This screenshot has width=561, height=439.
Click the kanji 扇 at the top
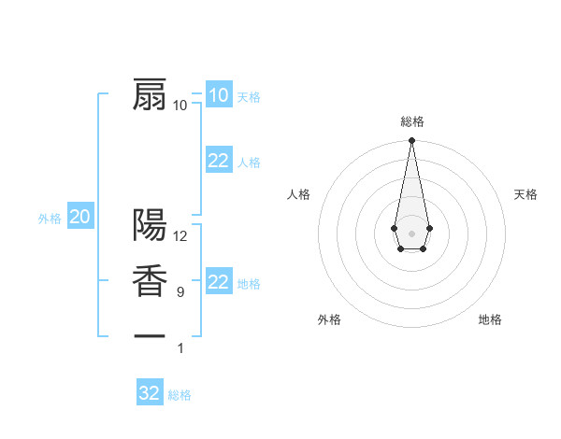point(150,94)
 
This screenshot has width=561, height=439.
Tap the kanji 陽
point(150,224)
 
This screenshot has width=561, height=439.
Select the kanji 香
point(150,281)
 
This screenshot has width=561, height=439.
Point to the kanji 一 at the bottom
point(150,334)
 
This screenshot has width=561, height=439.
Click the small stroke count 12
point(180,236)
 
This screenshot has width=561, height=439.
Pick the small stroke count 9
point(180,292)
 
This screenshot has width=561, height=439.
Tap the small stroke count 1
point(180,348)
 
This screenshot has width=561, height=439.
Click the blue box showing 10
point(218,95)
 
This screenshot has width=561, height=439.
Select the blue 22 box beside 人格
point(219,161)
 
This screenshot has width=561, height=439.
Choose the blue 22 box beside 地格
point(219,282)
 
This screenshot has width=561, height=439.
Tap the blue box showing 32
point(150,393)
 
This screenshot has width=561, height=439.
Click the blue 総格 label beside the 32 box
point(180,395)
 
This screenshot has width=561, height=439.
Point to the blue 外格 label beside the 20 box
point(50,219)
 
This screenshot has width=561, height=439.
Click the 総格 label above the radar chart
point(412,121)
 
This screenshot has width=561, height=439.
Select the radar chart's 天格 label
point(525,194)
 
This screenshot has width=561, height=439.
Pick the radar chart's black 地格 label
point(490,319)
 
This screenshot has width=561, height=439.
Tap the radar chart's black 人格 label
point(299,194)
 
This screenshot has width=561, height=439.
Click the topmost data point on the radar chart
point(411,140)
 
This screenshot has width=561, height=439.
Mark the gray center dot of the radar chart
point(411,232)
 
